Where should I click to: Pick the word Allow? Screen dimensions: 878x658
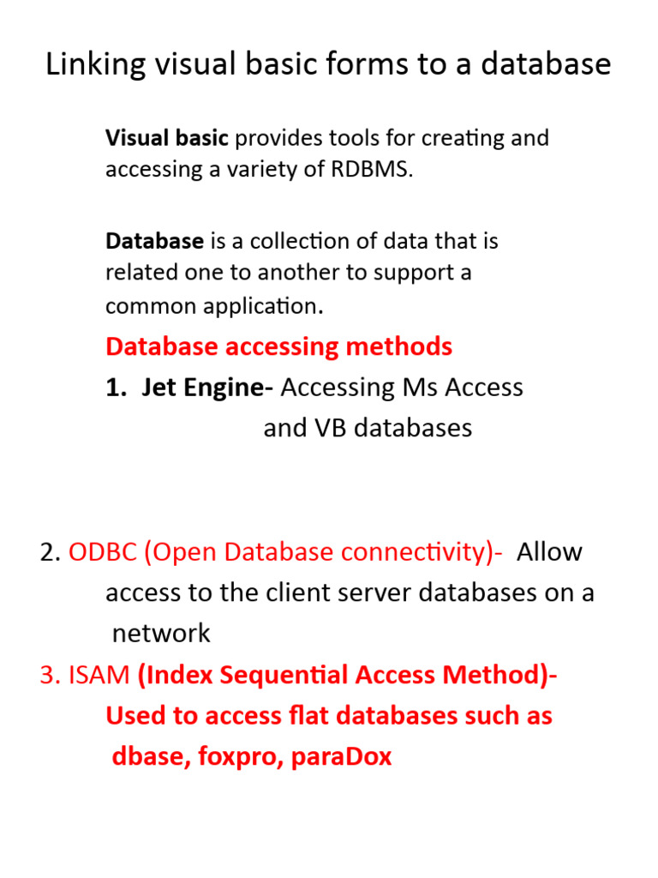[549, 552]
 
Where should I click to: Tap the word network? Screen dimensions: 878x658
[161, 634]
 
